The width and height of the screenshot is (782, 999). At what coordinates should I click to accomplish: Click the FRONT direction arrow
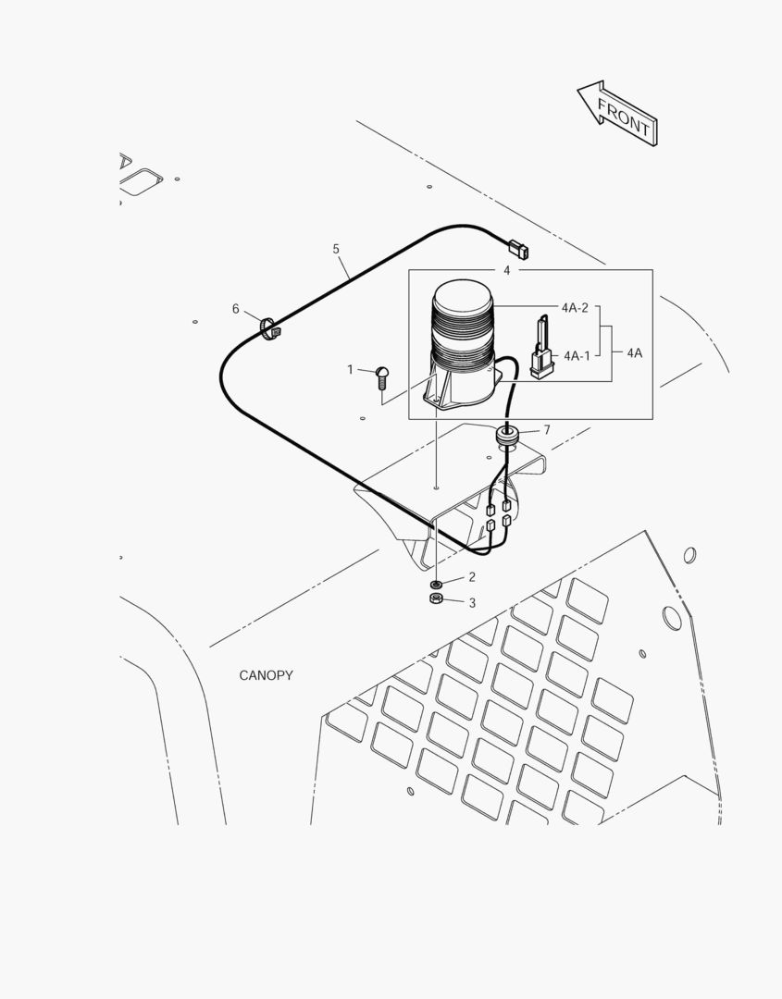618,114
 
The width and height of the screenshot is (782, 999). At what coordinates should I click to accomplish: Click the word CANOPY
266,675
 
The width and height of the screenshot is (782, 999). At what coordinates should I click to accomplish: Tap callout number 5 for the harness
336,249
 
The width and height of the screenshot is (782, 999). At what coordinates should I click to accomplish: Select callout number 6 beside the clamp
235,309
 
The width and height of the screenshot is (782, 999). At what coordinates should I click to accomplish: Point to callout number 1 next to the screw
350,369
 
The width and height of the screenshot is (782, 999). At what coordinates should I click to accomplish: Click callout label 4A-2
575,308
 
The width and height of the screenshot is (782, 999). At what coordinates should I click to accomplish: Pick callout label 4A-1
577,355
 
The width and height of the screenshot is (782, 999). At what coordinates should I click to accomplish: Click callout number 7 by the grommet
547,430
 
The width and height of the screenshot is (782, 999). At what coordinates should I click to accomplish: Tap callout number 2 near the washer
472,577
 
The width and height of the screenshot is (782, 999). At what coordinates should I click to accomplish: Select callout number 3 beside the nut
472,603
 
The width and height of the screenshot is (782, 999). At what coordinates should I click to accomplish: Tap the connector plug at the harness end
518,249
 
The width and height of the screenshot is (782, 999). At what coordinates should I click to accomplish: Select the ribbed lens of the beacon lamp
464,326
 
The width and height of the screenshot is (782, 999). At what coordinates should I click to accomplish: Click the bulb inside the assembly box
541,348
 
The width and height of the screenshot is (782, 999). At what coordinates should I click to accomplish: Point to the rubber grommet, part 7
507,437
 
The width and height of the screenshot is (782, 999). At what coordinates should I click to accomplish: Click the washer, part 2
436,585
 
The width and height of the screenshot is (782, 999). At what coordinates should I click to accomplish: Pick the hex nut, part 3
436,598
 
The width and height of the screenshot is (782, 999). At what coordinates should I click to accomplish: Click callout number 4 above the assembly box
506,271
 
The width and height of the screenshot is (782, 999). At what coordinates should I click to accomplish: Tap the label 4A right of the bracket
634,353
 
